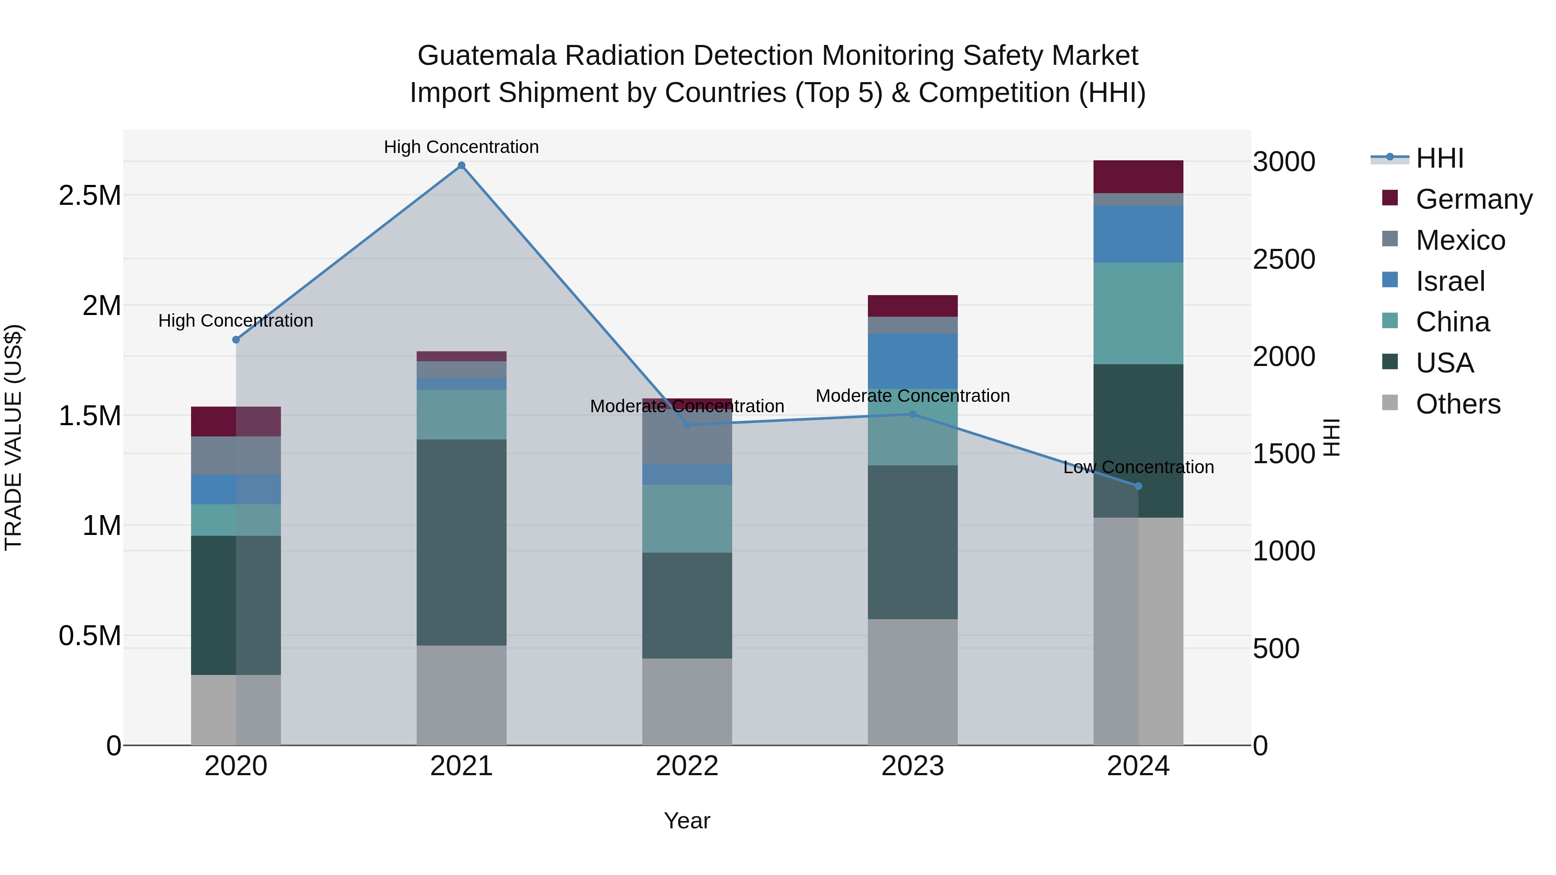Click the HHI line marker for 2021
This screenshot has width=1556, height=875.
tap(462, 165)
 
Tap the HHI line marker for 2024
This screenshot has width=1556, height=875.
tap(1138, 486)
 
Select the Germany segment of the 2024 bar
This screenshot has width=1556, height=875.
tap(1138, 177)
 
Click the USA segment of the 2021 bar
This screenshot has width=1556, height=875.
tap(462, 542)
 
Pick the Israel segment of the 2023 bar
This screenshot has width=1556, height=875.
tap(913, 360)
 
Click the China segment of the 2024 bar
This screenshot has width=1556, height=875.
tap(1138, 313)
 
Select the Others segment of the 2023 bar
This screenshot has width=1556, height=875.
tap(913, 682)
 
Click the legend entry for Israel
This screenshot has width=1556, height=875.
tap(1450, 281)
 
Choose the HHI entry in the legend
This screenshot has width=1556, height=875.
tap(1439, 158)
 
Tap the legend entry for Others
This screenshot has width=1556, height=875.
tap(1457, 404)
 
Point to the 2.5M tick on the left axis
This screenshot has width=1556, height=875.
tap(89, 196)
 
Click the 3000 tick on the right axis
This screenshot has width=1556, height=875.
tap(1284, 162)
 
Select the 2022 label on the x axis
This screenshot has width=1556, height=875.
tap(687, 766)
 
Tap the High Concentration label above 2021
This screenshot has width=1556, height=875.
tap(462, 147)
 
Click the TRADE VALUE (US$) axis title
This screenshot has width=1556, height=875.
tap(13, 437)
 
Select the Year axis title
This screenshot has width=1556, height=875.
tap(687, 821)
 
